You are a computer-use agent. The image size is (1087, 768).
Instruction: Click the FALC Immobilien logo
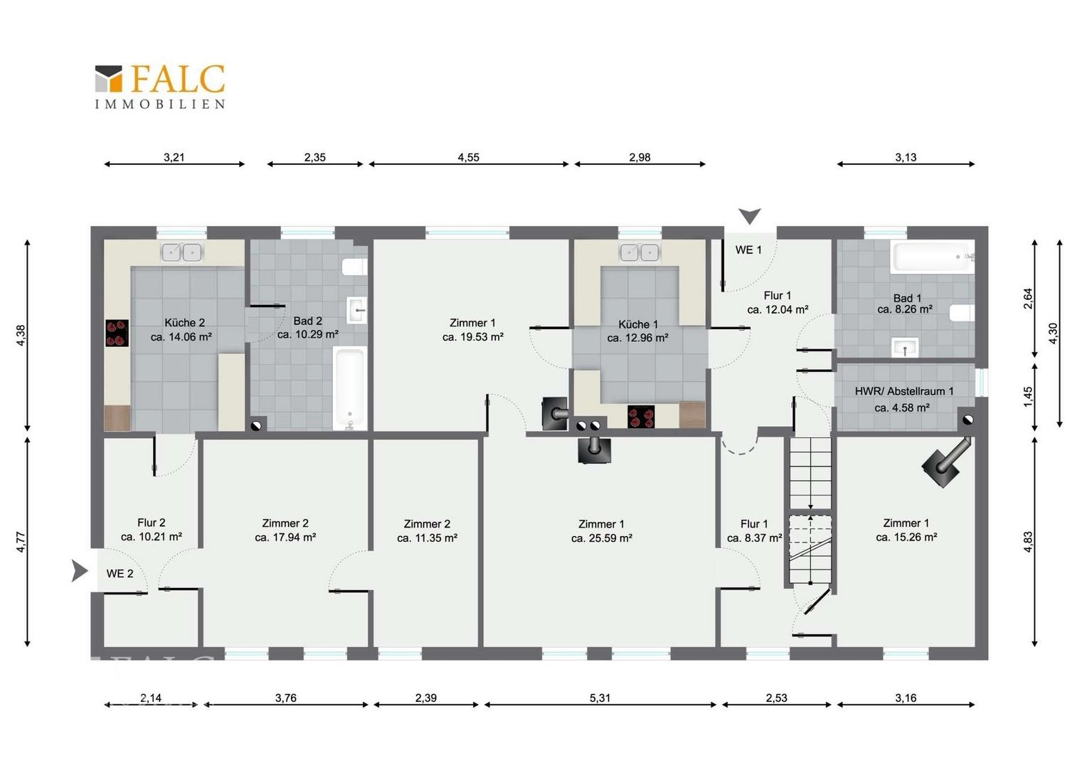(x=159, y=86)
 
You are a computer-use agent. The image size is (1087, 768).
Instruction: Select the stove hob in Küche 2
(x=117, y=333)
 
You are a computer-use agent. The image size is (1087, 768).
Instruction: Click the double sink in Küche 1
(x=639, y=252)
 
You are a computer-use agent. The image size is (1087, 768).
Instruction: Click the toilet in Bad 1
(x=962, y=314)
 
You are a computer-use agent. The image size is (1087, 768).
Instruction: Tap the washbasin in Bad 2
(x=356, y=310)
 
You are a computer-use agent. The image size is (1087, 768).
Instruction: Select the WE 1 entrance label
(x=748, y=250)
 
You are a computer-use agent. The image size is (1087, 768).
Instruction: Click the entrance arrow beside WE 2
(x=80, y=570)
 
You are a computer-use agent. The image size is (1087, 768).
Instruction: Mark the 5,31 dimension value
(x=600, y=698)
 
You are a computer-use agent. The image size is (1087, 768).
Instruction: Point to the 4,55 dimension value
(x=468, y=157)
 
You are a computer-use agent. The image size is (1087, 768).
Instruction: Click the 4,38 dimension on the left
(x=21, y=335)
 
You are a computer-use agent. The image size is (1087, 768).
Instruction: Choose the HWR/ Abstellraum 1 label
(x=904, y=391)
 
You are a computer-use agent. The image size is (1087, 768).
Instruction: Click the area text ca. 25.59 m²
(x=602, y=538)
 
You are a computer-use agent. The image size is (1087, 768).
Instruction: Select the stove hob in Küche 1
(x=641, y=417)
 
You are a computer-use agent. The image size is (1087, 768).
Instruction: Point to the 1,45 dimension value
(x=1028, y=396)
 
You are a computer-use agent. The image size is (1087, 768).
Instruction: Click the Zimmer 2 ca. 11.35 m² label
(x=427, y=530)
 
